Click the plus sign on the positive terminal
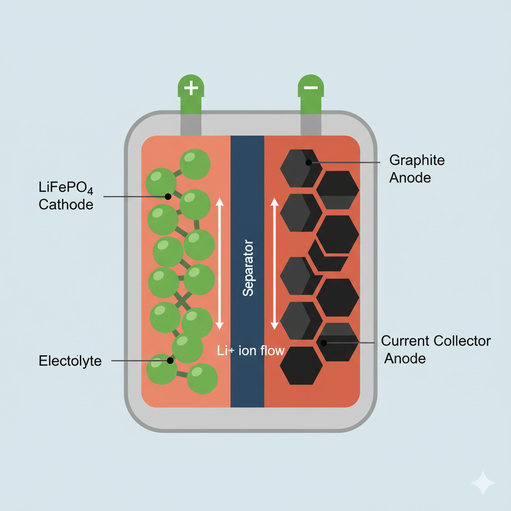coord(191,89)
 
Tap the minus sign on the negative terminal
coord(310,88)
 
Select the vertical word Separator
coord(248,268)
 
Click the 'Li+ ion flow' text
coord(251,350)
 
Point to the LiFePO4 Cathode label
coord(66,196)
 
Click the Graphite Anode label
coord(417,169)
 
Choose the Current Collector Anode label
coord(436,349)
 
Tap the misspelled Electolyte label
coord(70,361)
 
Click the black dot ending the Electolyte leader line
coord(170,360)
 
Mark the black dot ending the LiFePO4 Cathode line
coord(168,197)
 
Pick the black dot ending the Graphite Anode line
coord(308,162)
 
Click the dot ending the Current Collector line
coord(323,342)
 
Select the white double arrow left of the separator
coord(219,264)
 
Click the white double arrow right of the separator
coord(273,264)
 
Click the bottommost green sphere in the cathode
coord(202,378)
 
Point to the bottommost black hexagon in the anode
coord(301,365)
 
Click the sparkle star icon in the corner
coord(483,483)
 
